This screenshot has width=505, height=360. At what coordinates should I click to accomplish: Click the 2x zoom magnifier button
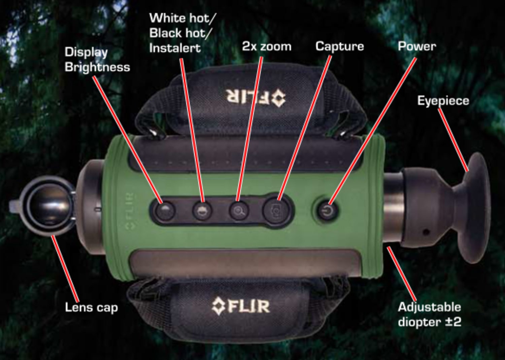(239, 211)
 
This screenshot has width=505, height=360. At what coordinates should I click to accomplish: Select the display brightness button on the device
(166, 211)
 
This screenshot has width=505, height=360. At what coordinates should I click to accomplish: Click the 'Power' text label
(417, 47)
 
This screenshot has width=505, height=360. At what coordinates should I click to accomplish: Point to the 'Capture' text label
(339, 47)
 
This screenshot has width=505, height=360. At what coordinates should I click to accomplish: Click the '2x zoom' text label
(267, 47)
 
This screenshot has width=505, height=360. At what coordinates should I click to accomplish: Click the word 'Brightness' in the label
(97, 68)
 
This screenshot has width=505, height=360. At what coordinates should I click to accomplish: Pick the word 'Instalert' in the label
(175, 48)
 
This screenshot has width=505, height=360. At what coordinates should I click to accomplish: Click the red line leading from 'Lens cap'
(65, 268)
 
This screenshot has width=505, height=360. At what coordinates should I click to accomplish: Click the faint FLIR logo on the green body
(130, 211)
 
